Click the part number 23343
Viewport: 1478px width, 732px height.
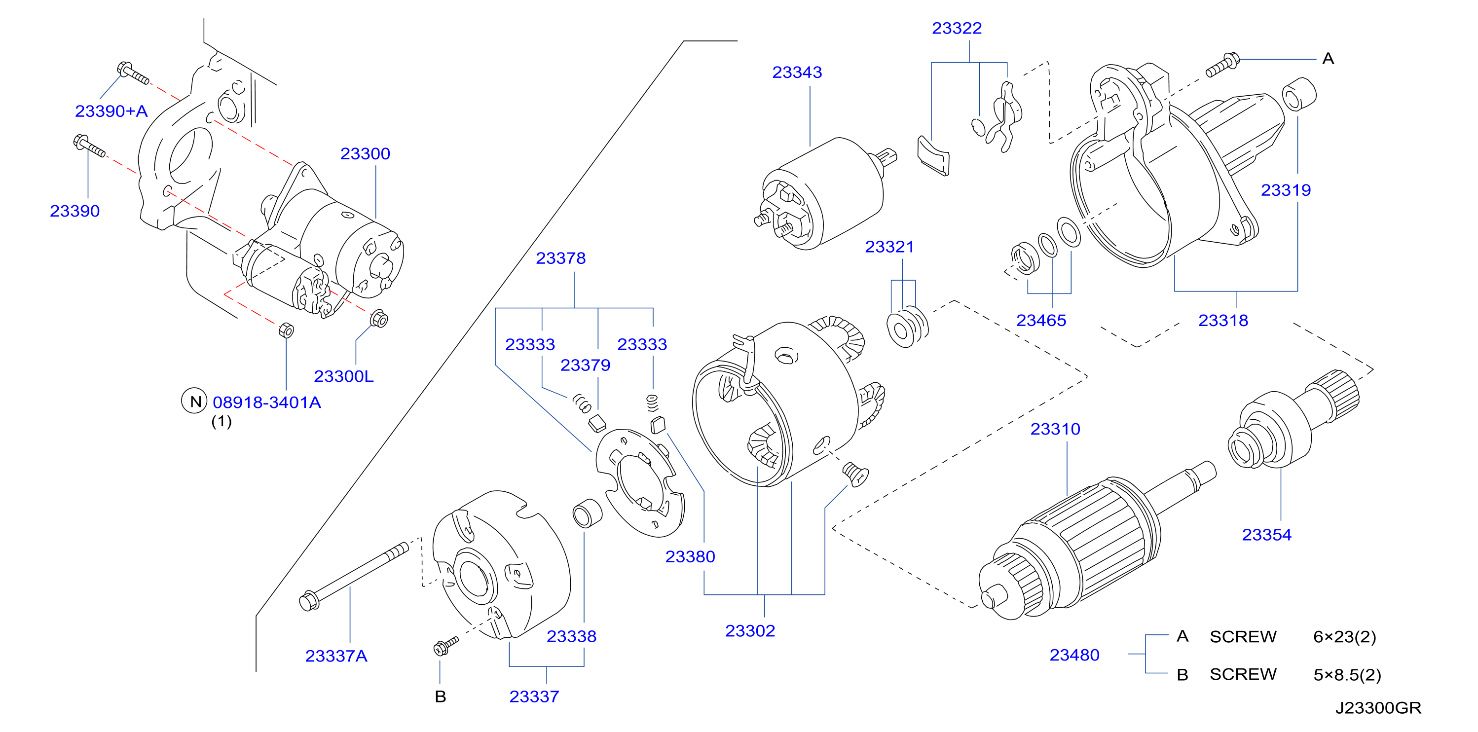(x=796, y=73)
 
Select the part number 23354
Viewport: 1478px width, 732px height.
(x=1266, y=535)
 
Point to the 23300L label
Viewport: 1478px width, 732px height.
(x=343, y=376)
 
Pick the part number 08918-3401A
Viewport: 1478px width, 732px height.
(x=267, y=402)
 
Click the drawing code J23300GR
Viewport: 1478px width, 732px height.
(x=1378, y=708)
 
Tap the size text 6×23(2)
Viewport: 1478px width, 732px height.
(x=1344, y=637)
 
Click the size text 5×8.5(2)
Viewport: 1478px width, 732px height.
(x=1347, y=675)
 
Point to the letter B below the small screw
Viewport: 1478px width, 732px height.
(x=440, y=696)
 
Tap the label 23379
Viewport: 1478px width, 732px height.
(x=585, y=365)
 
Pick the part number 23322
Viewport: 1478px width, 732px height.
(x=957, y=28)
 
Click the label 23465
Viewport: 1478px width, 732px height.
(x=1041, y=320)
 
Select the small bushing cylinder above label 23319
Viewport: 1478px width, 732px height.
(x=1298, y=94)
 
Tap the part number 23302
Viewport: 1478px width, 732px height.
(x=750, y=630)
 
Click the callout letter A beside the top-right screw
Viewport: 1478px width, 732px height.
(x=1328, y=59)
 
